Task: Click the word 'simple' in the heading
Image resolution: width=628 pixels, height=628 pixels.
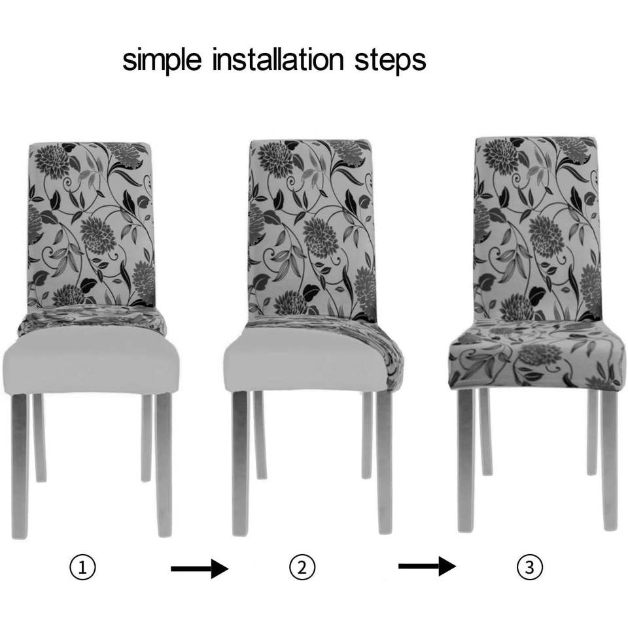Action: pyautogui.click(x=162, y=60)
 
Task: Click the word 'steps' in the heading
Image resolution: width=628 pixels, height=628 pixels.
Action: pyautogui.click(x=390, y=61)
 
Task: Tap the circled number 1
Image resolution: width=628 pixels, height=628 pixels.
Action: pyautogui.click(x=82, y=567)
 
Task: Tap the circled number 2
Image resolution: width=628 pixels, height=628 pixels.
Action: pyautogui.click(x=302, y=568)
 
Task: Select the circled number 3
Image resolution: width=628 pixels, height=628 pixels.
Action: pyautogui.click(x=529, y=568)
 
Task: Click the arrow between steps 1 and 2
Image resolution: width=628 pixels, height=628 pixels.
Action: pyautogui.click(x=200, y=568)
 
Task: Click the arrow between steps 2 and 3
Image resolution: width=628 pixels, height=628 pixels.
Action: pyautogui.click(x=427, y=566)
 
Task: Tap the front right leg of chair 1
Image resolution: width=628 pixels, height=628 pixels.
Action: pyautogui.click(x=164, y=464)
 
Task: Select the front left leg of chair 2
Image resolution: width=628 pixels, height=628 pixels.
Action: pyautogui.click(x=240, y=463)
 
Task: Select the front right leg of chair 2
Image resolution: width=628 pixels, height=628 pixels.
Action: pyautogui.click(x=384, y=462)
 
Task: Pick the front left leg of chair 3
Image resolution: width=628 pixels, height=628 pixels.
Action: pyautogui.click(x=466, y=461)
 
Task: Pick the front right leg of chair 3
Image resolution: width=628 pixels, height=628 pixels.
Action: pyautogui.click(x=610, y=460)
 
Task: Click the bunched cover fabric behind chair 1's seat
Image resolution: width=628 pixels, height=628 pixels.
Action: pyautogui.click(x=92, y=320)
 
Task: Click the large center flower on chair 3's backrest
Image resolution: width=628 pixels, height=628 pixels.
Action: pyautogui.click(x=546, y=236)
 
